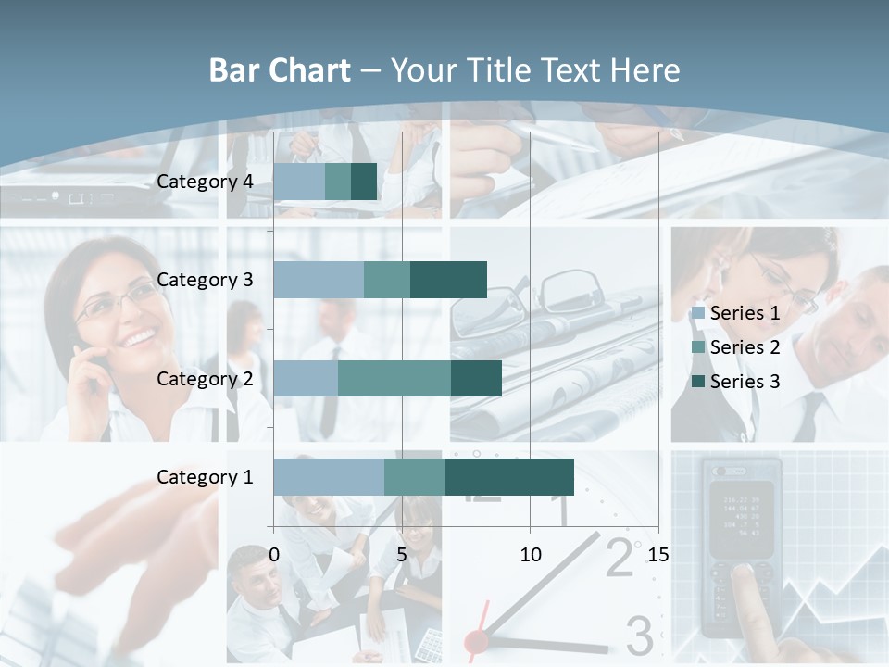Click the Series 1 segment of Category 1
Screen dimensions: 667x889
(328, 476)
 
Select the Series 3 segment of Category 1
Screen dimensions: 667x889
(509, 476)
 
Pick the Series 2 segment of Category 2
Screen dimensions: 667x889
(394, 378)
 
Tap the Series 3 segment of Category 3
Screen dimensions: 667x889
(448, 280)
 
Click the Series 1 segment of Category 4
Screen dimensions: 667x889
(299, 182)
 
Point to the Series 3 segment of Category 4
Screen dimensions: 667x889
(364, 182)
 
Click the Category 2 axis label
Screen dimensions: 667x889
(205, 378)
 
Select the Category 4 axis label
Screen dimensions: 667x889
(205, 182)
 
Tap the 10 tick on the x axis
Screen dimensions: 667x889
(530, 555)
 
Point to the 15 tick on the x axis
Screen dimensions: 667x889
(658, 555)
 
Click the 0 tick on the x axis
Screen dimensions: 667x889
(274, 555)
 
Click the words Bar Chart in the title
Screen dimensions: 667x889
(280, 70)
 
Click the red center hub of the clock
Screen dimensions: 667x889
(476, 638)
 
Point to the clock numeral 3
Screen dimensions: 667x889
(639, 636)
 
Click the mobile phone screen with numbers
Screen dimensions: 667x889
(742, 514)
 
